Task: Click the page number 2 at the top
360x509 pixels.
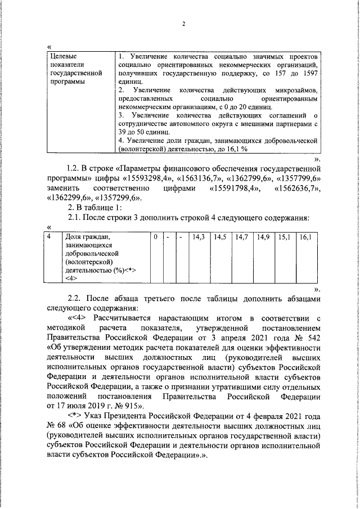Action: tap(184, 24)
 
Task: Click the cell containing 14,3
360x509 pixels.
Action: tap(198, 237)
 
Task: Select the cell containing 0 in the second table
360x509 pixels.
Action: tap(155, 237)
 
